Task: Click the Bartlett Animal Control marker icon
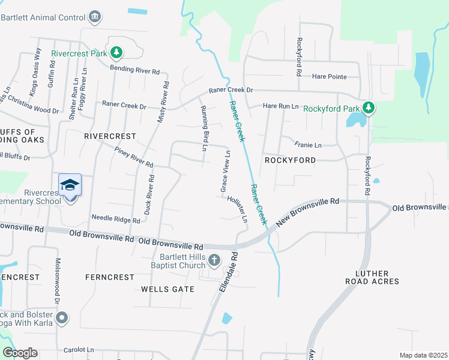pos(95,17)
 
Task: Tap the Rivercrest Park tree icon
pos(117,53)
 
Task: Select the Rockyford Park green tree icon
pos(369,109)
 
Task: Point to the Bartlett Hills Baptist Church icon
pos(215,259)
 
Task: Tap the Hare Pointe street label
pos(330,76)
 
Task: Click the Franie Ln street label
pos(308,145)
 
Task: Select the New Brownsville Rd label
pos(308,212)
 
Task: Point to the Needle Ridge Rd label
pos(115,220)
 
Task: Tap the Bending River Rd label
pos(134,70)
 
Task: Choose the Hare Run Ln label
pos(281,106)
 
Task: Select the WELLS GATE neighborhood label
pos(167,289)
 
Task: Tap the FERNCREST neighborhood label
pos(110,277)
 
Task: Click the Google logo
pos(20,353)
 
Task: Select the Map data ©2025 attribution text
pos(423,355)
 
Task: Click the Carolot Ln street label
pos(79,349)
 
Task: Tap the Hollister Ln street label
pos(237,209)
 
